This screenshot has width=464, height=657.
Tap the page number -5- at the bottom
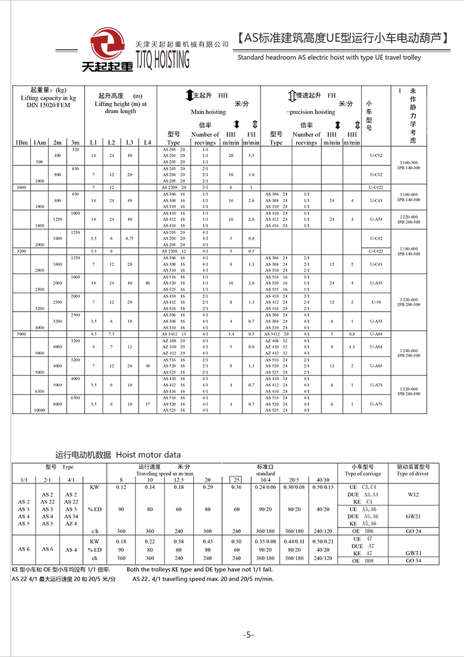[x=249, y=634]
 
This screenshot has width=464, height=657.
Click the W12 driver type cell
[x=413, y=494]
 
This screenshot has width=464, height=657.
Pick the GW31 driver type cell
[x=413, y=553]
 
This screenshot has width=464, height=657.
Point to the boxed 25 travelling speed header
[x=236, y=480]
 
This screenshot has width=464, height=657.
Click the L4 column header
[x=147, y=142]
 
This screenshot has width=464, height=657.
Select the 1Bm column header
[x=22, y=142]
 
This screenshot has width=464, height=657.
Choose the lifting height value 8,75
[x=129, y=238]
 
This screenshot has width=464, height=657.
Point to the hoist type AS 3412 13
[x=174, y=334]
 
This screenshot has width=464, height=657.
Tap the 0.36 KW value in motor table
[x=236, y=487]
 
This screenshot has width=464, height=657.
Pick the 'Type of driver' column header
[x=413, y=474]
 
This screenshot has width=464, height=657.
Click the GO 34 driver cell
[x=413, y=561]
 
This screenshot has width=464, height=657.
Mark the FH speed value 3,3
[x=251, y=156]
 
